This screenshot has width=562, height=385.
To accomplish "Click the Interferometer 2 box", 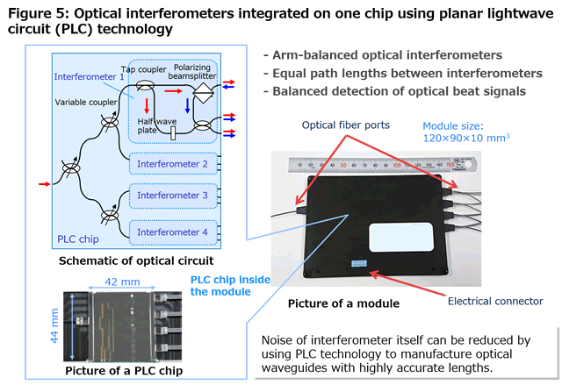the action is tap(173, 164).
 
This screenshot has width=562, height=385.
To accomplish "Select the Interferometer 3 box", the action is tap(173, 196).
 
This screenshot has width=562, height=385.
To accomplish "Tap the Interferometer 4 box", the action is tap(173, 232).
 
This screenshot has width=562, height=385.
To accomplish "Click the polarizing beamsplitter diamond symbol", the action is tap(203, 93).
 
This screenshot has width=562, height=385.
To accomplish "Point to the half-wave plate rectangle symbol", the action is tap(173, 133).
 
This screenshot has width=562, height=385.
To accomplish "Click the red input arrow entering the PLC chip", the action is tap(45, 184).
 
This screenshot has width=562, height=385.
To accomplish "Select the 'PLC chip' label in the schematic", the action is tap(78, 239).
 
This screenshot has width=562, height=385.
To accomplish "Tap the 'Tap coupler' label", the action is tap(143, 69).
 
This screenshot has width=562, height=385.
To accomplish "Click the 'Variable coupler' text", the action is tap(86, 103).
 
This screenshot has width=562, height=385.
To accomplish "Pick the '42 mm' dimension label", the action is tap(122, 282).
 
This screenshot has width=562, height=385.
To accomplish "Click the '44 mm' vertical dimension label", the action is tap(54, 325).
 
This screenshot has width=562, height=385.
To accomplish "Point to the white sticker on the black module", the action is tap(401, 237).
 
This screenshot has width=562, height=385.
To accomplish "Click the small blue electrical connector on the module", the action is tap(359, 264).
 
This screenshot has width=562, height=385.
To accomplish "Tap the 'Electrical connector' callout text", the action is tap(495, 302).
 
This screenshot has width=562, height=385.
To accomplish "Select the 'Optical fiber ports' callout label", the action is tap(345, 125).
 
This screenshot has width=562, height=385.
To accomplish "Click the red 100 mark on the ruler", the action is tap(397, 165).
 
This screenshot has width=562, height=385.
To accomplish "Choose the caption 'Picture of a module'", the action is tap(343, 303).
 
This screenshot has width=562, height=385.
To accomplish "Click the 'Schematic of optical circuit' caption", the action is tap(136, 260).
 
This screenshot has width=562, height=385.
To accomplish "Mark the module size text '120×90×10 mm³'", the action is tap(466, 138).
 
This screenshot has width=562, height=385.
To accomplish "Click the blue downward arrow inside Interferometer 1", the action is tap(187, 106).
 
